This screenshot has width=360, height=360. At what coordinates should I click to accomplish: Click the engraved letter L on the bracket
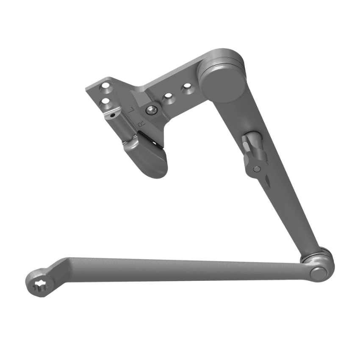(x=132, y=110)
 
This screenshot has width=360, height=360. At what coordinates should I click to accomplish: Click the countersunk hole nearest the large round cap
(x=185, y=89)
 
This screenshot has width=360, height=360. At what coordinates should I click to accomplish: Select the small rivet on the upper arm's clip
(x=256, y=169)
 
